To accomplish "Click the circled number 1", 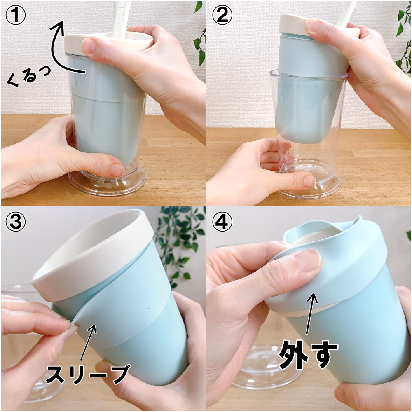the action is tap(15, 15).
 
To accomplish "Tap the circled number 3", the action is tap(15, 222).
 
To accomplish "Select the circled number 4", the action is tap(222, 222).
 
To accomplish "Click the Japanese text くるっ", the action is tap(28, 76).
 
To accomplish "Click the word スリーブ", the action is tap(88, 374).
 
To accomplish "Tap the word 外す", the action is tap(308, 355).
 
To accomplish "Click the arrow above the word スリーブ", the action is tap(88, 342).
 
